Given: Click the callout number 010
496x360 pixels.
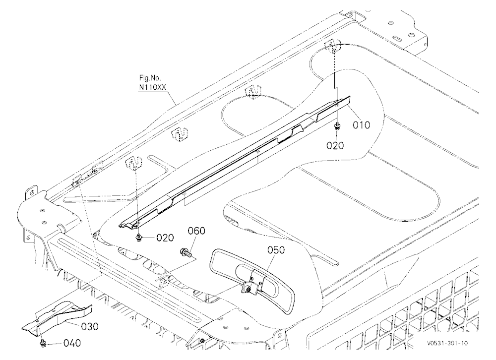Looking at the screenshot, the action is tap(361, 125).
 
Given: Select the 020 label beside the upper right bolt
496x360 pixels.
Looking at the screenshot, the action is tap(335, 145).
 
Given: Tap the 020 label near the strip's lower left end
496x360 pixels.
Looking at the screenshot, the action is tap(165, 238).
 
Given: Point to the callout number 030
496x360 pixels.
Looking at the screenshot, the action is tap(90, 326).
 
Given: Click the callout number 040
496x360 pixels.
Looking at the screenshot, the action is tap(72, 343).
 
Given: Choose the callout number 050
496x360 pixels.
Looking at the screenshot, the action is tap(276, 250).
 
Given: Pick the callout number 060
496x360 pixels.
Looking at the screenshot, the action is tap(196, 231).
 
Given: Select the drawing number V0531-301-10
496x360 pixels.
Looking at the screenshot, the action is tap(447, 343).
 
